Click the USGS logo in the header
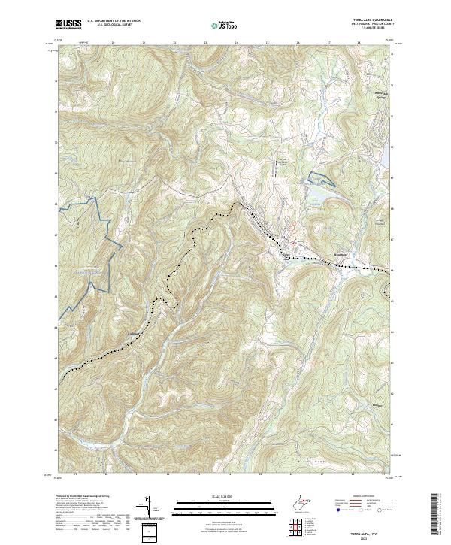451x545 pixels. pos(68,24)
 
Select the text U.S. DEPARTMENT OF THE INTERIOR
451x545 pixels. pos(114,21)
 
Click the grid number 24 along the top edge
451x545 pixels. pos(236,44)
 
